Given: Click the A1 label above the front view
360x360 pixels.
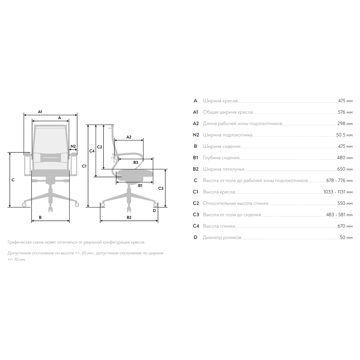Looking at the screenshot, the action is click(x=40, y=112).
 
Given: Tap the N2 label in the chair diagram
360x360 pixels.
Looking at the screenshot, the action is click(x=73, y=146).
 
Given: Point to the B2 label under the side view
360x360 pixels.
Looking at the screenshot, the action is click(x=129, y=217).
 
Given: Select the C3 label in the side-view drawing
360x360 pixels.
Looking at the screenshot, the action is click(x=161, y=188).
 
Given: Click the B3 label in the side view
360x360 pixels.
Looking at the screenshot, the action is click(x=136, y=162).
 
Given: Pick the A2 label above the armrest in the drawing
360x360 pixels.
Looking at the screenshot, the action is click(x=129, y=137).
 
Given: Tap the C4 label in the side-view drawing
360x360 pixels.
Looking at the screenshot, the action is click(x=92, y=151).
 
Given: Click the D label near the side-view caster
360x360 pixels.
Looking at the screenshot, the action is click(x=154, y=211).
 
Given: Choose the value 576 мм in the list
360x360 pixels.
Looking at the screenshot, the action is click(x=345, y=112).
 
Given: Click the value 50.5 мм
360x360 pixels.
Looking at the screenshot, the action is click(x=344, y=135).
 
